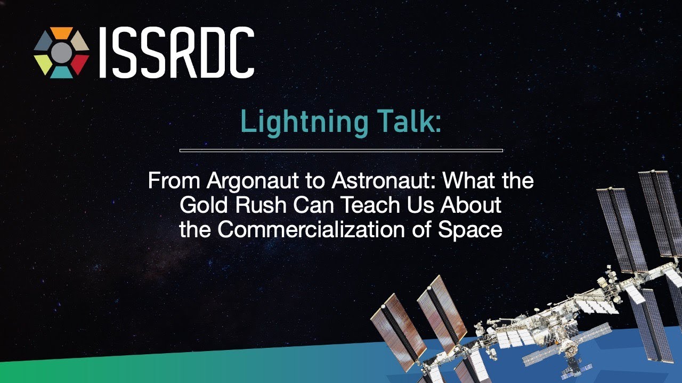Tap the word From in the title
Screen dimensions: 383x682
pyautogui.click(x=174, y=181)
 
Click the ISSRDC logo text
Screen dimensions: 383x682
pyautogui.click(x=176, y=53)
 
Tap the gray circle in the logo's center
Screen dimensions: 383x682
pyautogui.click(x=62, y=52)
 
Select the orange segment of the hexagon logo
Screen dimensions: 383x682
pyautogui.click(x=62, y=33)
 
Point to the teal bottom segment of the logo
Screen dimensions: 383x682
pyautogui.click(x=62, y=72)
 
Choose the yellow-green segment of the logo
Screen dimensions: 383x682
pyautogui.click(x=44, y=63)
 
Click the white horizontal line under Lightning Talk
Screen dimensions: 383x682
pyautogui.click(x=341, y=151)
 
